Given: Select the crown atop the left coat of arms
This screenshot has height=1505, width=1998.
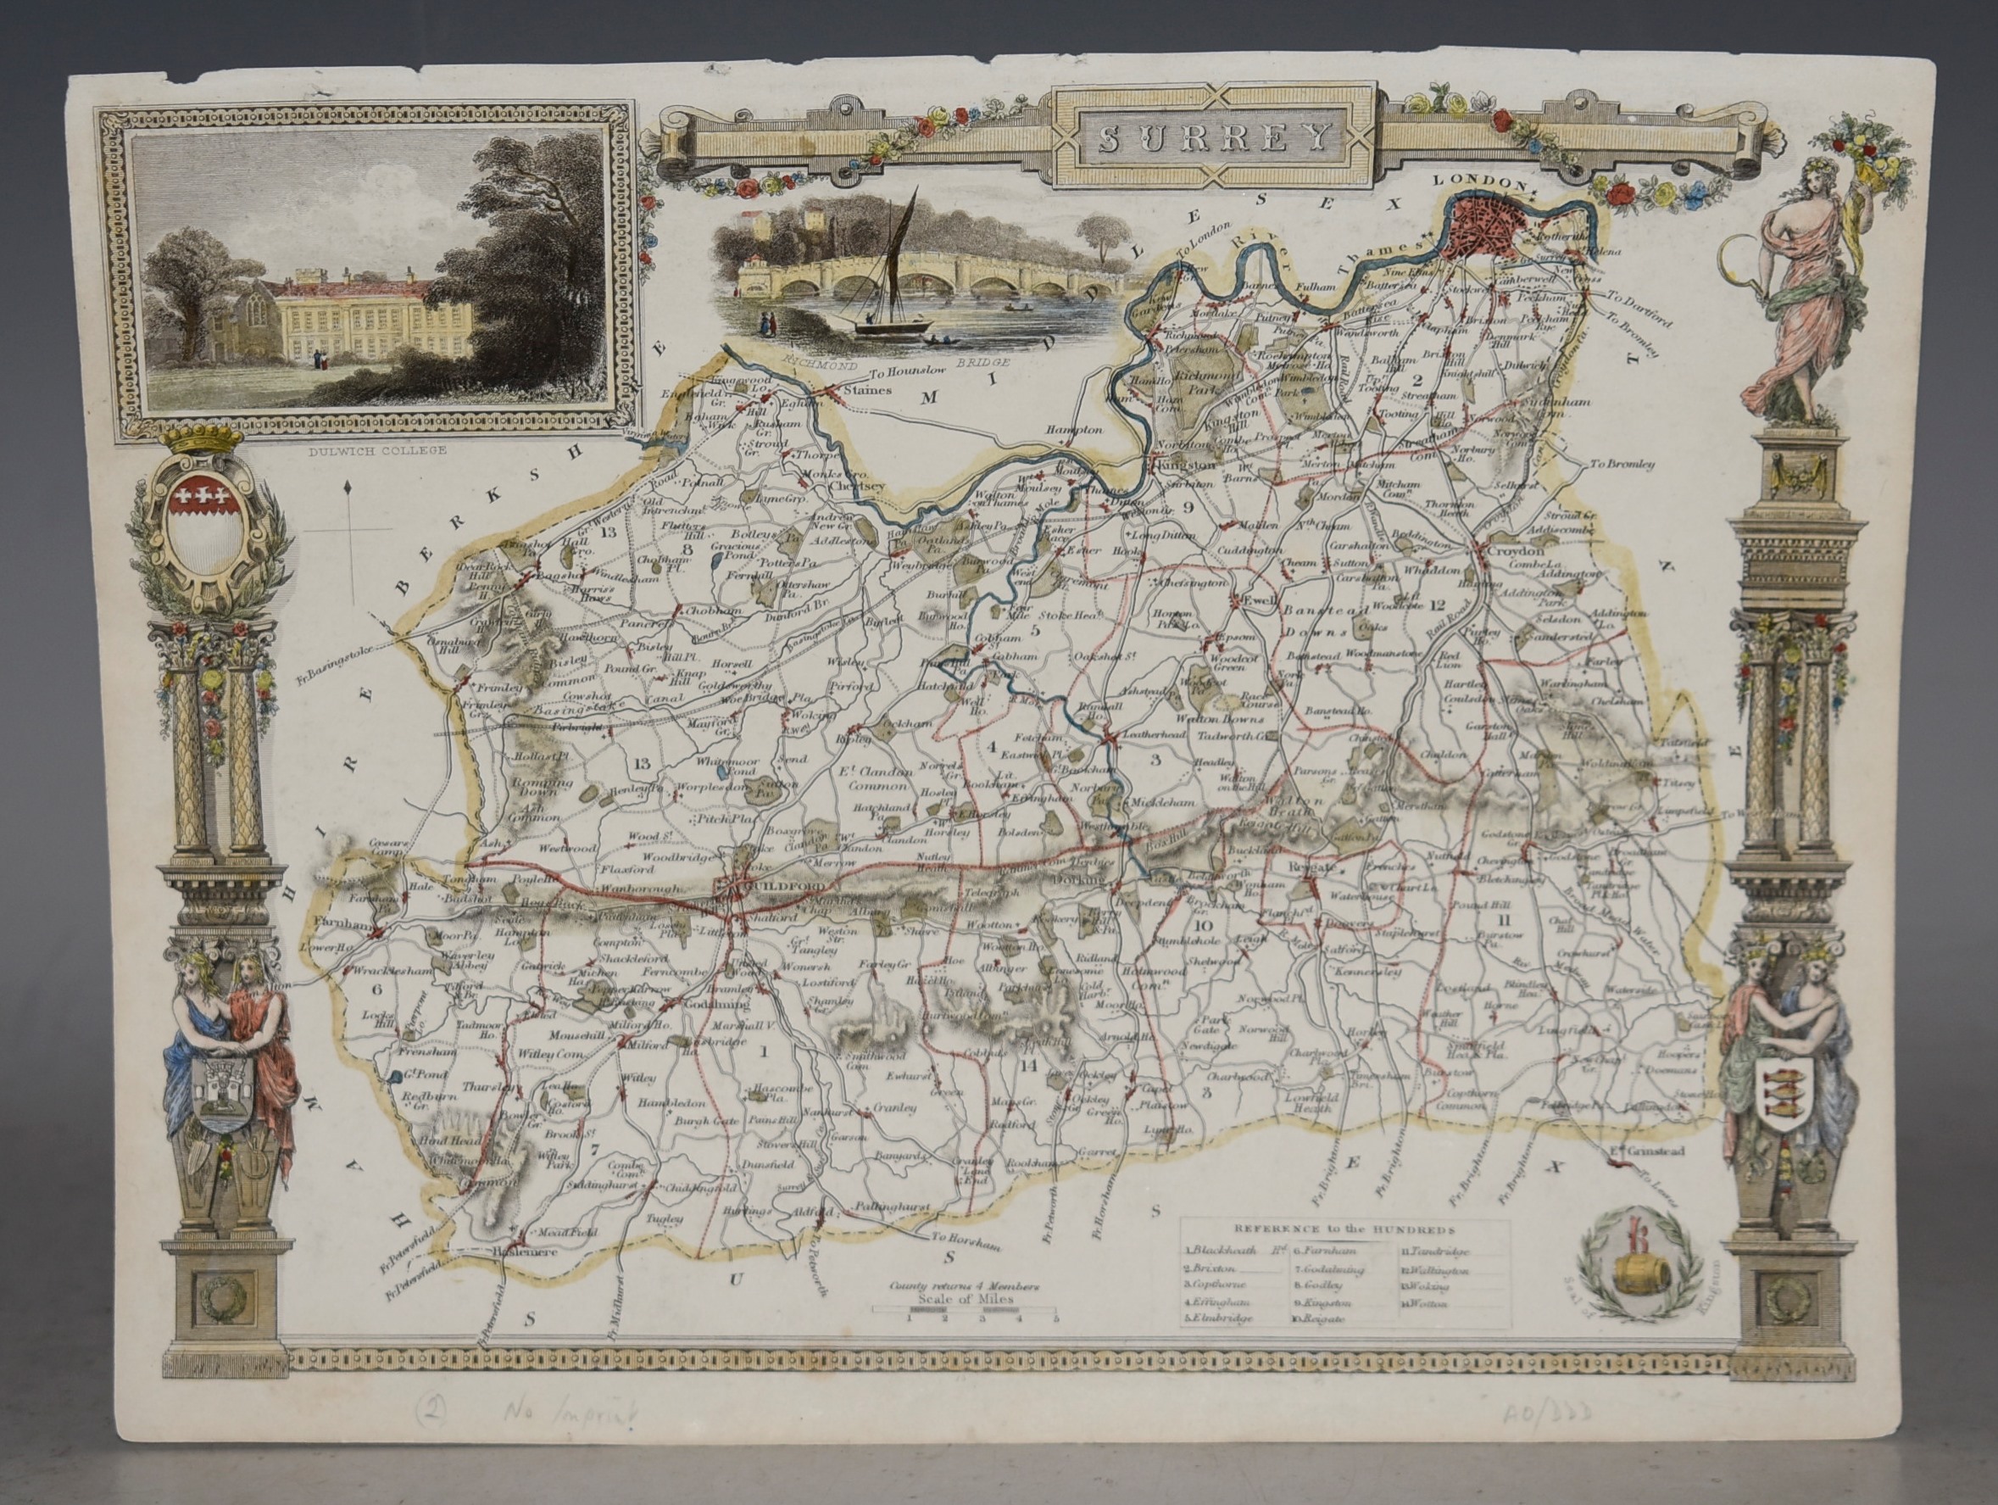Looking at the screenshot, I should pos(207,441).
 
